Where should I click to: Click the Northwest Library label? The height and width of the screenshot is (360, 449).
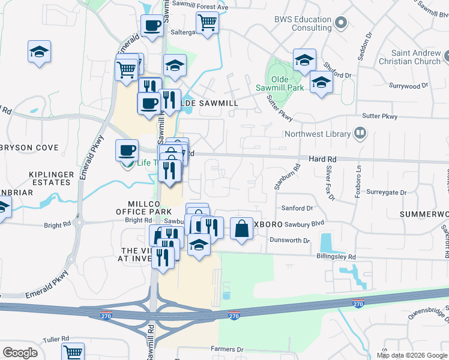[316, 134]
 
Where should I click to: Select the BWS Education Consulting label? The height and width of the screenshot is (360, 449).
[303, 23]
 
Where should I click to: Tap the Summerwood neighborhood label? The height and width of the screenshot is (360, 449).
[424, 214]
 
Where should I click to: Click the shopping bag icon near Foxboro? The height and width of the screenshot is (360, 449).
[241, 229]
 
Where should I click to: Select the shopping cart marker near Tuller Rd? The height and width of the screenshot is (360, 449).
[73, 353]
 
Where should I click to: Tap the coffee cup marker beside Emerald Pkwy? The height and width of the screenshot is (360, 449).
[127, 150]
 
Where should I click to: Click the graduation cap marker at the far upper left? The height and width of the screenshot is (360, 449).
[39, 52]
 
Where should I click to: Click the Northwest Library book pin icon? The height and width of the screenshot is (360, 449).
[360, 133]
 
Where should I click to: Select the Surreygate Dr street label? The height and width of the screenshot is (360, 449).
[387, 193]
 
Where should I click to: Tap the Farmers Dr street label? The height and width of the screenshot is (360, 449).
[227, 349]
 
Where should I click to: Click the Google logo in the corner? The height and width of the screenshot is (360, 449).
[20, 353]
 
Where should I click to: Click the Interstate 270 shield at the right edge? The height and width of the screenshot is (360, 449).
[358, 304]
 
